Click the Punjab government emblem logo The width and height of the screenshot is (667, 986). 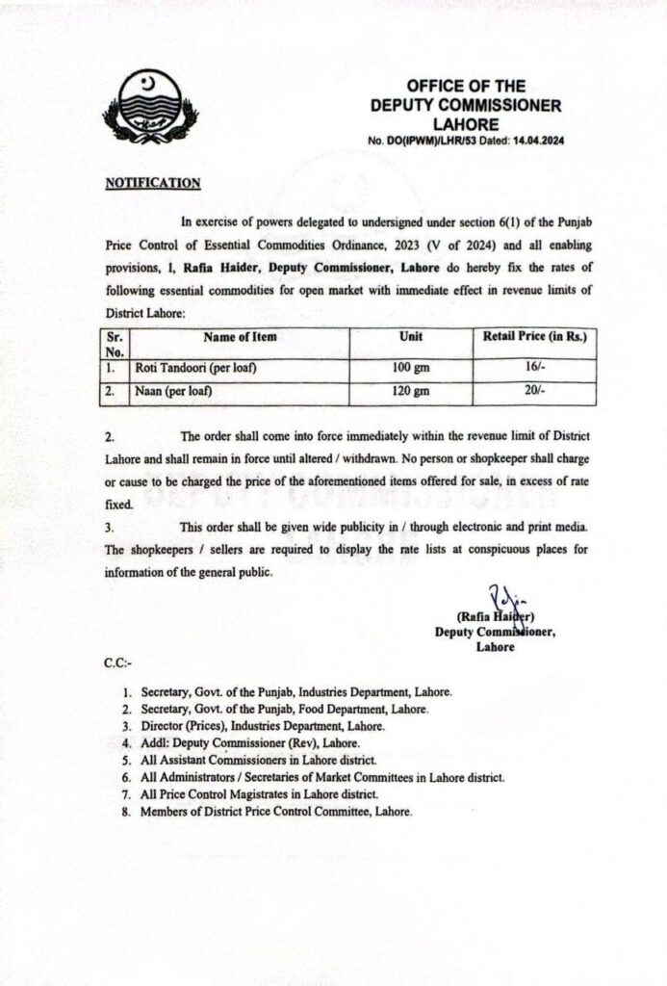point(151,106)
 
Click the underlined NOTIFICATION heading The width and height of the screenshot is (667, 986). point(152,182)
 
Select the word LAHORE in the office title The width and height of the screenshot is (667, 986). point(466,124)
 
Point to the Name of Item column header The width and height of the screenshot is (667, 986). point(240,337)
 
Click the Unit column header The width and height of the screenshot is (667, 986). point(411,337)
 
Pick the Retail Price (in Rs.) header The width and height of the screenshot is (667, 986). point(534,337)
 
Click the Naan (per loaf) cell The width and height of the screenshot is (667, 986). point(173,392)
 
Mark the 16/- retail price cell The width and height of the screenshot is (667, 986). point(533,369)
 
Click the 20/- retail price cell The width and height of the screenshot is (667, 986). point(533,392)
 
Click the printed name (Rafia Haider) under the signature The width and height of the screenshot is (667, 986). point(496,617)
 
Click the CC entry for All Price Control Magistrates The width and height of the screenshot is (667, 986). point(259,793)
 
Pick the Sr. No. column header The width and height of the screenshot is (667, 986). point(115,345)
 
